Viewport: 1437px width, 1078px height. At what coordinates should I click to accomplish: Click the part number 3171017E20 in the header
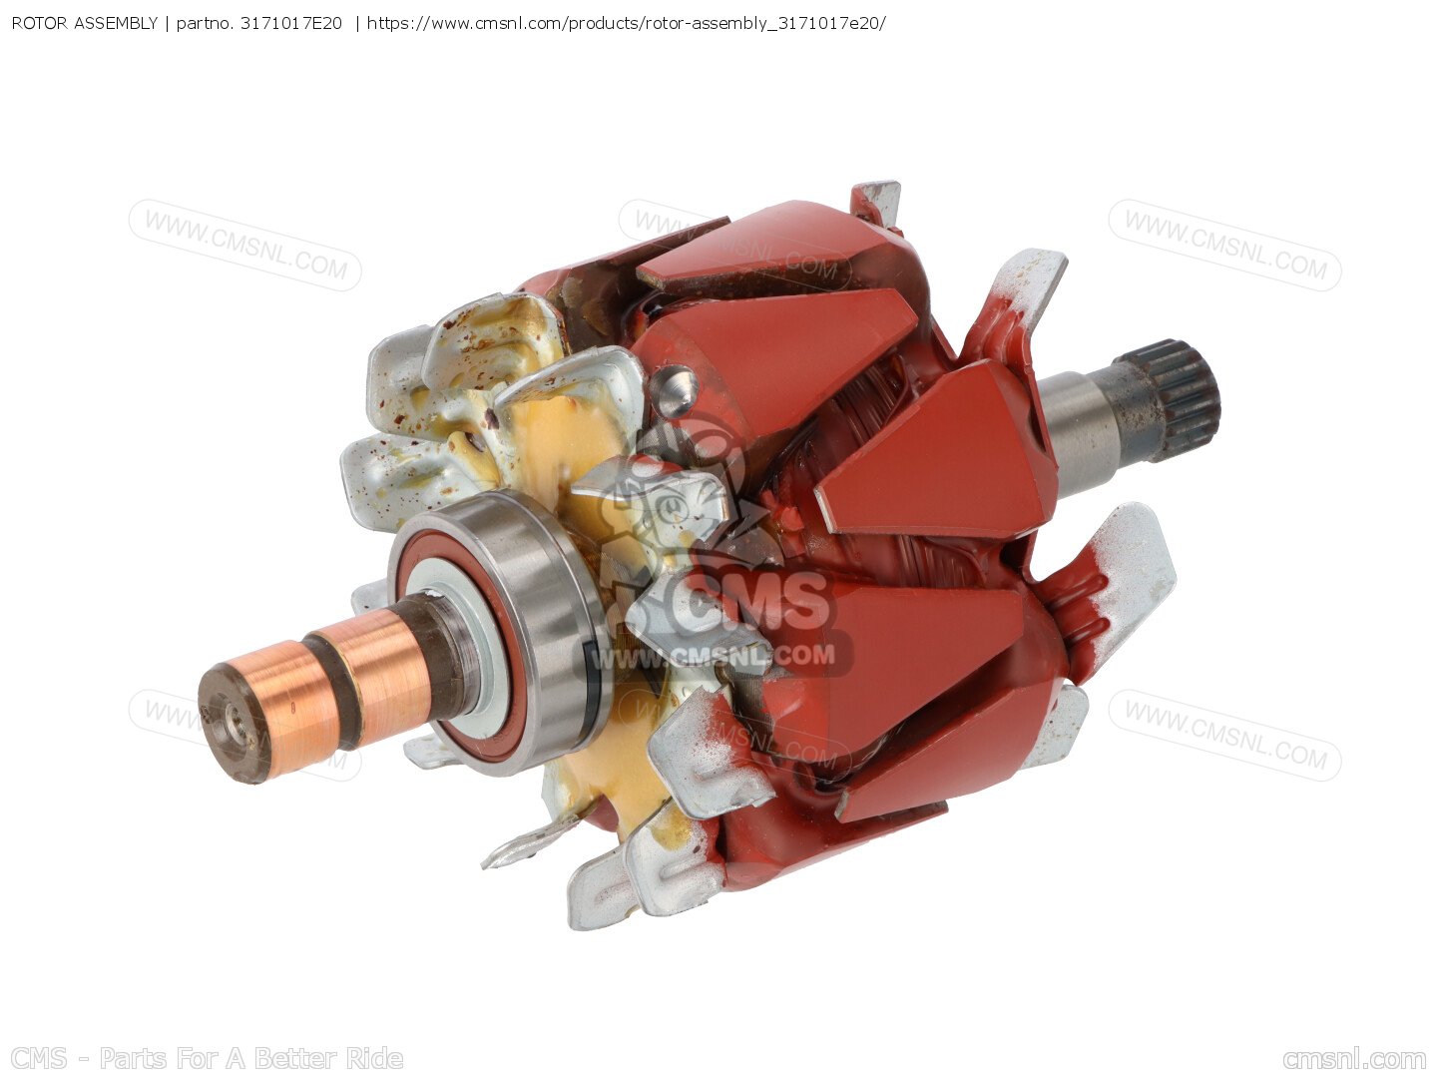point(290,24)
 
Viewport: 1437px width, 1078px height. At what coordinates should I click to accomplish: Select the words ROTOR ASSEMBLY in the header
point(85,24)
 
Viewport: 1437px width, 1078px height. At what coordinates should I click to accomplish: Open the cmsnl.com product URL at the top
point(626,24)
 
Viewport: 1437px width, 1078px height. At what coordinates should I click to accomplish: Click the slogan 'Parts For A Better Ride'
point(250,1058)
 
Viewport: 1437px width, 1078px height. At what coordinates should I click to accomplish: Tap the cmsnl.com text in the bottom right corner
point(1354,1059)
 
